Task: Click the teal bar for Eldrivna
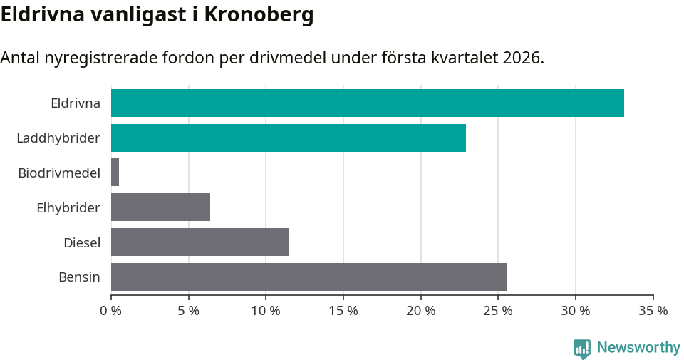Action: [367, 103]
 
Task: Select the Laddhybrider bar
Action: [288, 138]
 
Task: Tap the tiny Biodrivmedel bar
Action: [115, 173]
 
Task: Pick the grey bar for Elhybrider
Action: [160, 207]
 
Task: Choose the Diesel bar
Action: [199, 242]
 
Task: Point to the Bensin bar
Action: [309, 277]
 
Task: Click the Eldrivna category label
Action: [75, 103]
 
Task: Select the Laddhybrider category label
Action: [58, 138]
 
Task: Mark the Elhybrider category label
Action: [68, 207]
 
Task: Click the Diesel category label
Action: [81, 242]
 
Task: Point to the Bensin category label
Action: [79, 277]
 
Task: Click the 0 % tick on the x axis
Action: [111, 311]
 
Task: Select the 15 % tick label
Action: [343, 311]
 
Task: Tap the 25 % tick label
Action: [498, 311]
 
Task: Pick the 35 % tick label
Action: [653, 311]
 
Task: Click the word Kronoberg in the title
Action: [259, 15]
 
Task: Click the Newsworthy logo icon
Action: [582, 348]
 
